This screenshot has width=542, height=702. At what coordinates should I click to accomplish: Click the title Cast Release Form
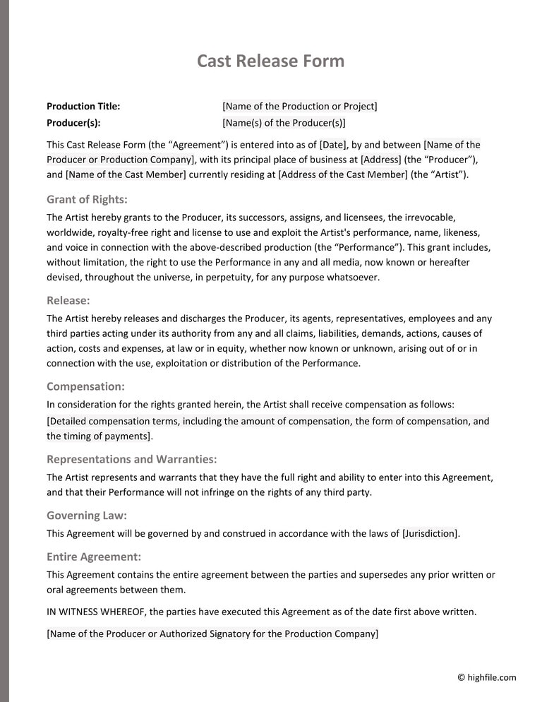pos(270,61)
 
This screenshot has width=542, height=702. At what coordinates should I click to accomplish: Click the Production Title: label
pos(83,107)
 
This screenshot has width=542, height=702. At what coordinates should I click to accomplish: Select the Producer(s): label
pos(73,123)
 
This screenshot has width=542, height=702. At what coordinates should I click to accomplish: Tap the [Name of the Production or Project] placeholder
pos(299,107)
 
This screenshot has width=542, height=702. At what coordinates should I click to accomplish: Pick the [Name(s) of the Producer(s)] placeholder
pos(284,123)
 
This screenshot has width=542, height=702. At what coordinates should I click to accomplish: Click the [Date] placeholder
pos(332,145)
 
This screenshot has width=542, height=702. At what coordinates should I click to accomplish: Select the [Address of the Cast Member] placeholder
pos(342,174)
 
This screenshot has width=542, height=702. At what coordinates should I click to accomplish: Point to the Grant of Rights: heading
pos(87,199)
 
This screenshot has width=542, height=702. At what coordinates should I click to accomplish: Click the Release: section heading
pos(68,300)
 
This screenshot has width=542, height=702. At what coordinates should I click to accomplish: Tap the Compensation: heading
pos(85,386)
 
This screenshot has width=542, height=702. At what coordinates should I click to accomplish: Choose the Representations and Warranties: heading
pos(131,459)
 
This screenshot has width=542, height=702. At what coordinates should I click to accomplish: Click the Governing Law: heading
pos(87,516)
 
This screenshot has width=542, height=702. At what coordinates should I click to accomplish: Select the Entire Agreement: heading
pos(94,557)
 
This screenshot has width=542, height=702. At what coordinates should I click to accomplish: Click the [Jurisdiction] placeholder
pos(430,534)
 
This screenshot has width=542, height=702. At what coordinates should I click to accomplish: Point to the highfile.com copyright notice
pos(486,678)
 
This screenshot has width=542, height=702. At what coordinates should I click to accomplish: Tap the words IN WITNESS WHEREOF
pos(90,612)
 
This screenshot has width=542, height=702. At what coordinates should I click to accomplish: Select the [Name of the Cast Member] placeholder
pos(126,174)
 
